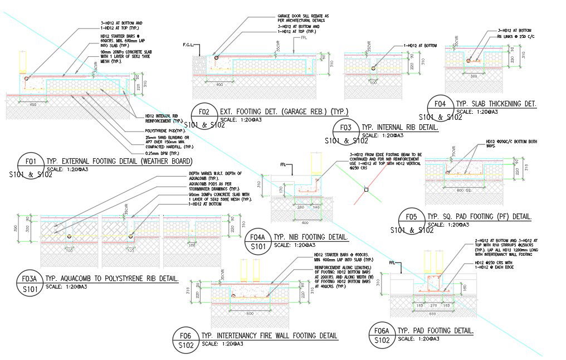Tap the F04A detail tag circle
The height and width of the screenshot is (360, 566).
tap(258, 240)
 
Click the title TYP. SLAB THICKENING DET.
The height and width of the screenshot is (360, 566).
tap(496, 104)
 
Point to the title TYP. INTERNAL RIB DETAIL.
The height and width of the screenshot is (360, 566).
tap(400, 128)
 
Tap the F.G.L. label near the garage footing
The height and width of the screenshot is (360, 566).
tap(188, 45)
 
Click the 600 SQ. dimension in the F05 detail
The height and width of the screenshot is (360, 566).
tap(460, 190)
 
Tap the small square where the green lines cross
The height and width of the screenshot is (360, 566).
tap(365, 191)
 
